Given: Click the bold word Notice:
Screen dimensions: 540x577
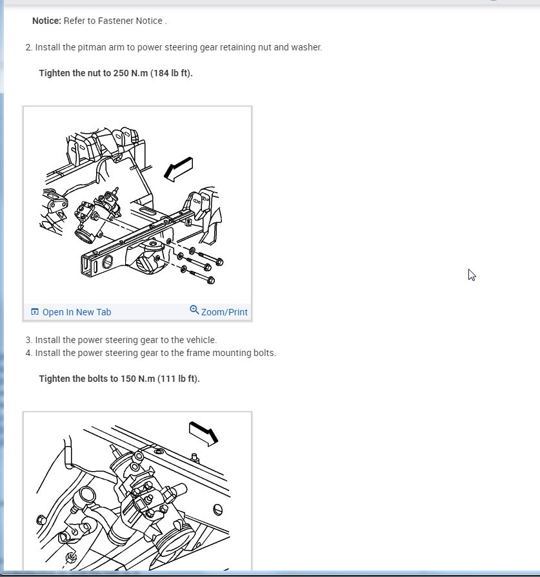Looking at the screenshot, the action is coord(46,21).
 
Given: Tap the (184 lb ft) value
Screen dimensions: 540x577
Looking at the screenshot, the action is coord(171,73).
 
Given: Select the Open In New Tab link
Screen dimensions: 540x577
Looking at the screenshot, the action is coord(77,312).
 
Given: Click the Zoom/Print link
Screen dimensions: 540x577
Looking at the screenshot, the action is coord(225,312).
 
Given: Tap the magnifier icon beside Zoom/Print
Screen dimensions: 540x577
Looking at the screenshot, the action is coord(194,310).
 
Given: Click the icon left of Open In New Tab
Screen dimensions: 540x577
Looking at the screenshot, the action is coord(35,311).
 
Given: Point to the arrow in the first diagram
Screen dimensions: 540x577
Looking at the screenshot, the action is coord(179,169).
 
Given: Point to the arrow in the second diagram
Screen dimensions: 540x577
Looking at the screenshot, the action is coord(203,434).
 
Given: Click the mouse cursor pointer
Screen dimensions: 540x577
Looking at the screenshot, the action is coord(472,275).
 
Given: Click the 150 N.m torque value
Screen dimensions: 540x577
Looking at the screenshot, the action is coord(138,379).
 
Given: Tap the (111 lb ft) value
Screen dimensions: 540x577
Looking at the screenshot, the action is coord(179,379).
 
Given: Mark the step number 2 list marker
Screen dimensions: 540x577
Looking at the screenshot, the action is coord(29,47).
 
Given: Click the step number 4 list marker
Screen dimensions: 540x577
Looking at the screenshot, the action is coord(29,353).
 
